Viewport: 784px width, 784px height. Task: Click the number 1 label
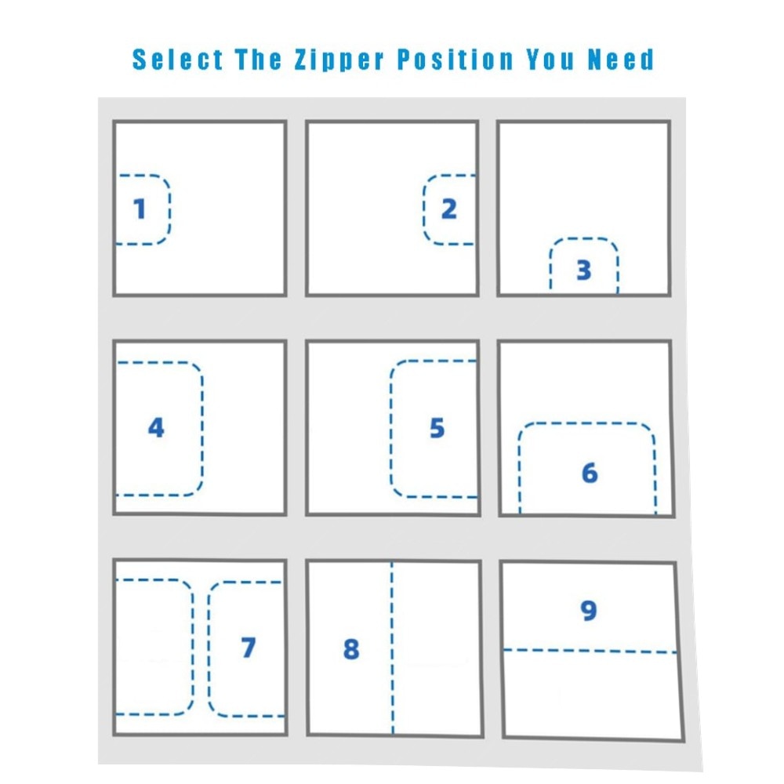click(x=140, y=209)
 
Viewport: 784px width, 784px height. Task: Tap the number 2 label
click(x=449, y=209)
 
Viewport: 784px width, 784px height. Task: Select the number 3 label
click(x=584, y=270)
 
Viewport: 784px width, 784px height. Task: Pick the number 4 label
click(x=157, y=427)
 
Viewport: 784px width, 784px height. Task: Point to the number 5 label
click(x=437, y=428)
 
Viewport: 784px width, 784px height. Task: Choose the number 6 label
click(x=590, y=473)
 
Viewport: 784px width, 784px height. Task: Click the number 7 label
click(x=249, y=648)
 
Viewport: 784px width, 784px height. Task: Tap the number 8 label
click(x=351, y=649)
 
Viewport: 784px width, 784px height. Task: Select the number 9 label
click(x=589, y=610)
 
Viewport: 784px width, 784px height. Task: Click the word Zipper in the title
click(x=339, y=60)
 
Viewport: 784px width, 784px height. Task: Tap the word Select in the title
click(x=177, y=60)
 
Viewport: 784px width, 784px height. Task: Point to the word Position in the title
click(x=456, y=60)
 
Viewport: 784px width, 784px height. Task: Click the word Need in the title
click(x=620, y=60)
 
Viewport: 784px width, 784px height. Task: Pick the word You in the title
click(x=550, y=60)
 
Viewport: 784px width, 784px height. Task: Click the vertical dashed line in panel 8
click(x=392, y=648)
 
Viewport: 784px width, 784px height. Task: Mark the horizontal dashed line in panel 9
click(x=590, y=651)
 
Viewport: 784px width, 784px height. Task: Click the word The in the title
click(x=259, y=60)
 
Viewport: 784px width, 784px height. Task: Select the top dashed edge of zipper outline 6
click(x=587, y=423)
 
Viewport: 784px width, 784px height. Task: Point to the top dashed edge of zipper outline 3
click(x=584, y=239)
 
